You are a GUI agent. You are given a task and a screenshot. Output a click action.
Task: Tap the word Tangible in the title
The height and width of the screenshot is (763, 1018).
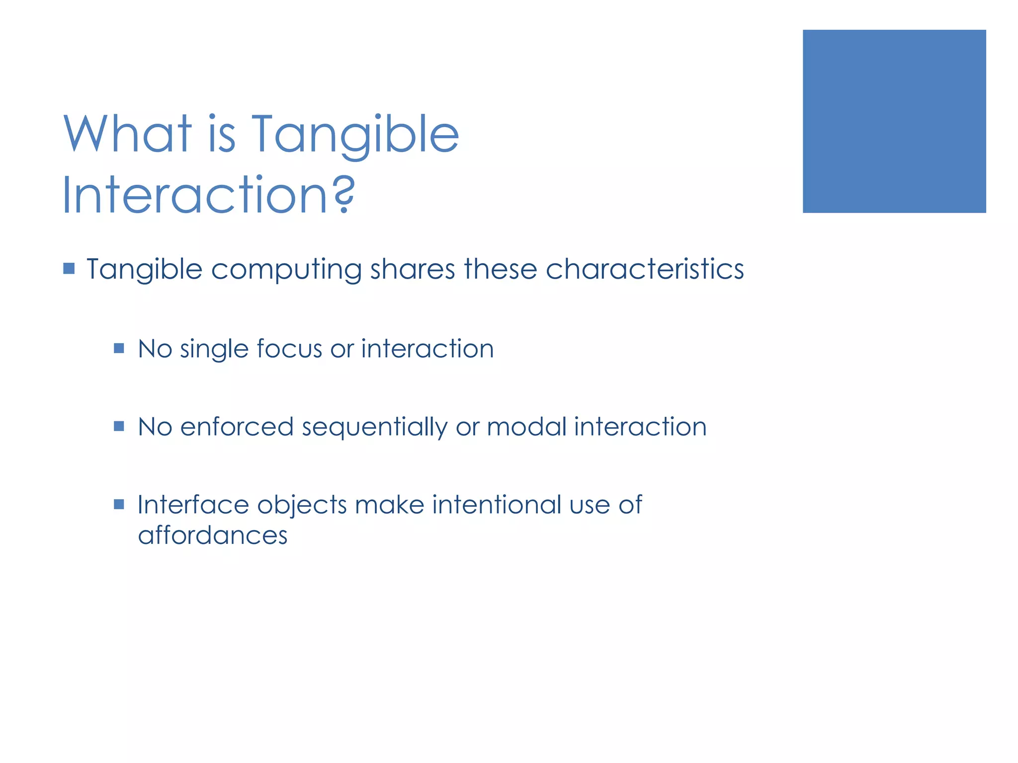(355, 135)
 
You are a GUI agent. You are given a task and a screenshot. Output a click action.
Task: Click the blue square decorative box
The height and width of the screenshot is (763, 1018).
(894, 121)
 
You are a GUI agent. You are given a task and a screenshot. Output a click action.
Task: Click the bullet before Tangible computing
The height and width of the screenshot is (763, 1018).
(69, 269)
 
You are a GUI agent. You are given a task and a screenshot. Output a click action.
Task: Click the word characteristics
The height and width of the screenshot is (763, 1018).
(645, 269)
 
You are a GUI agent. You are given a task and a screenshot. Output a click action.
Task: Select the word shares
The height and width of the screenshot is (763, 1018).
(413, 269)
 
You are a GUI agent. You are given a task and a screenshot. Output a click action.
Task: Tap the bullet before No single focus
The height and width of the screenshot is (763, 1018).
(119, 348)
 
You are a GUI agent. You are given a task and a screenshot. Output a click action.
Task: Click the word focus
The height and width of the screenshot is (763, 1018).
(289, 349)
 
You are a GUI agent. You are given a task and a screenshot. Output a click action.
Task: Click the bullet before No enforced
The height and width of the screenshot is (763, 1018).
(119, 426)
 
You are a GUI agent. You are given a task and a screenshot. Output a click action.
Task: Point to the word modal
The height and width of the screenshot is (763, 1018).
(527, 427)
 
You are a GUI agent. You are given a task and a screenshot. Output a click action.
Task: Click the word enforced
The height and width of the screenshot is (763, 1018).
(237, 427)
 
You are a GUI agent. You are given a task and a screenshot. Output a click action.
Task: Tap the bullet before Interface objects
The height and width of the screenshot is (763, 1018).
(119, 505)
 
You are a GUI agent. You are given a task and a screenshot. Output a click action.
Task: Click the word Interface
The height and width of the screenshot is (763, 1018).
(193, 505)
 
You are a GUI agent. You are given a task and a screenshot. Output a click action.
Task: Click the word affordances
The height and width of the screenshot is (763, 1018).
(213, 535)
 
